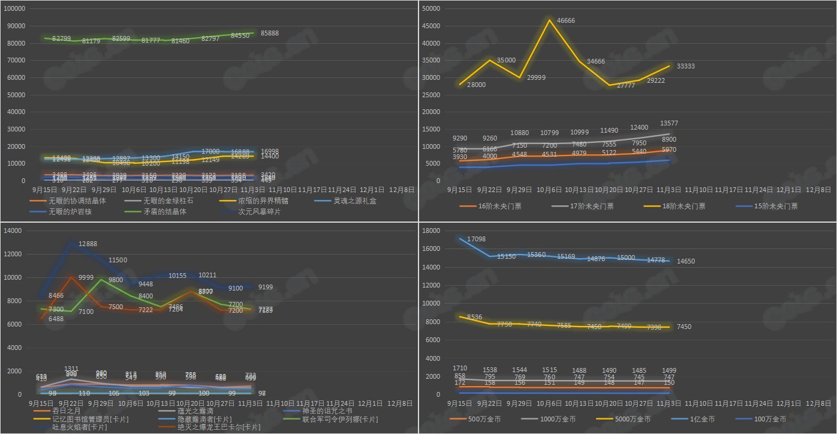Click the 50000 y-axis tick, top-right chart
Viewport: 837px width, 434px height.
tap(432, 8)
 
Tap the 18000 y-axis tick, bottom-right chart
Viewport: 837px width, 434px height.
tap(432, 231)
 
